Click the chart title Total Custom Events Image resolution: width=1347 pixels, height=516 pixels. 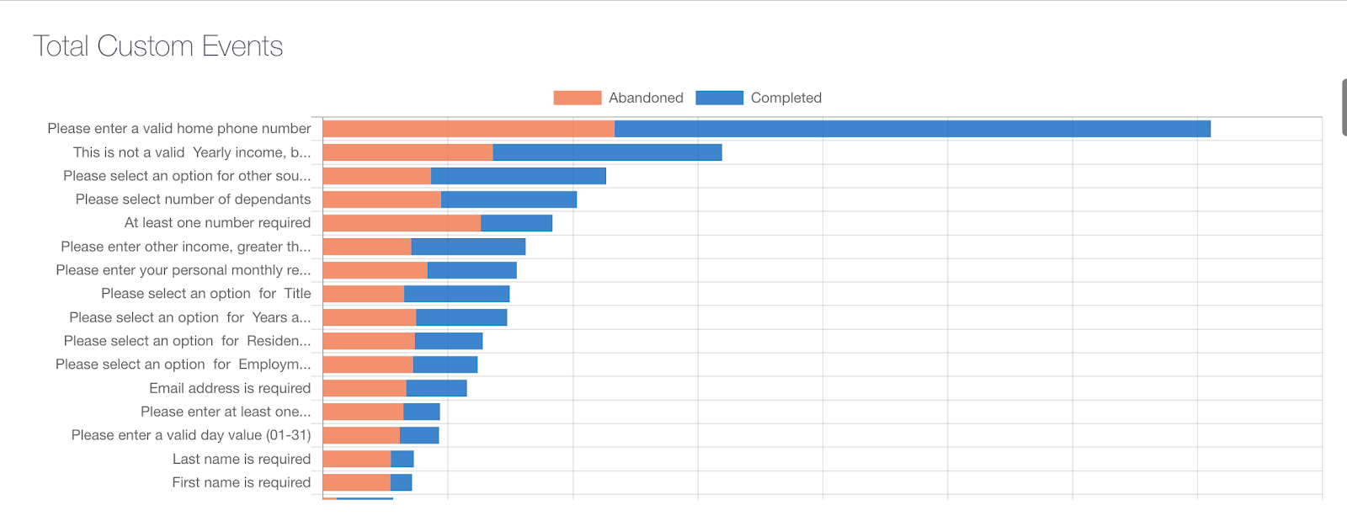[158, 45]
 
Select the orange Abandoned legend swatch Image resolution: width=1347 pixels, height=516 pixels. [577, 98]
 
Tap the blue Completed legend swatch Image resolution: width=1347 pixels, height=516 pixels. [719, 98]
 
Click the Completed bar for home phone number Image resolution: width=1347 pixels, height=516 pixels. [912, 129]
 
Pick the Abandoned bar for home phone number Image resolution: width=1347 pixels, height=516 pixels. [468, 129]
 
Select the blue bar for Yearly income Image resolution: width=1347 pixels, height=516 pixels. [607, 152]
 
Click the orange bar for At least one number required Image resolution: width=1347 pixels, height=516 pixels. [402, 223]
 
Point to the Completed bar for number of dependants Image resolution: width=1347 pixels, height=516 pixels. [508, 199]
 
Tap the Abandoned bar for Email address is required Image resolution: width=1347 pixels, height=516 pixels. [365, 388]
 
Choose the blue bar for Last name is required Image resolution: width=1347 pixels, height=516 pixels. [402, 459]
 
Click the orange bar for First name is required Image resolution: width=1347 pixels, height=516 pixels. [356, 482]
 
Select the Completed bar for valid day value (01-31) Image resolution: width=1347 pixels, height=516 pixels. [419, 435]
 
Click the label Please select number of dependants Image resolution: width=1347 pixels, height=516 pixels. [193, 199]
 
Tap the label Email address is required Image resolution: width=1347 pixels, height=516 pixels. [230, 388]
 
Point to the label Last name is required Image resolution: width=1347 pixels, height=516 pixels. [242, 459]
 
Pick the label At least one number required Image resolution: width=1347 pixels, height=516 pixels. [217, 223]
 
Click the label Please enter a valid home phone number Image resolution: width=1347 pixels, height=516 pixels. [179, 129]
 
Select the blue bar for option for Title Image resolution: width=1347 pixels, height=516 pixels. [456, 294]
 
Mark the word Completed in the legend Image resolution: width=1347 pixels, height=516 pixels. [785, 98]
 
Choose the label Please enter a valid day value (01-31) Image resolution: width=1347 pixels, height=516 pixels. [191, 435]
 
